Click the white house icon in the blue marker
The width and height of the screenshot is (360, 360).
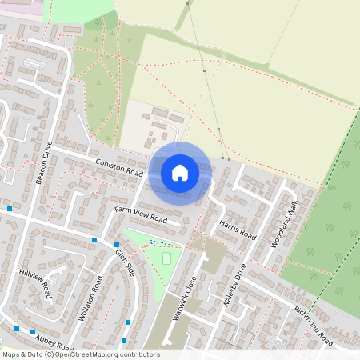coord(180,172)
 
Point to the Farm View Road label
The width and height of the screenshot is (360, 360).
coord(140,214)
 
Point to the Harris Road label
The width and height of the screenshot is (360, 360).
coord(238,228)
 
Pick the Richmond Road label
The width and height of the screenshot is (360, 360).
coord(313,326)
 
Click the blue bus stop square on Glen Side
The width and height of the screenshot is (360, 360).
coord(117,245)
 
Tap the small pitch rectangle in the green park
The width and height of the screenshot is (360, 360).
coord(166,258)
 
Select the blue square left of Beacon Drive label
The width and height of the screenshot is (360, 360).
coord(10,208)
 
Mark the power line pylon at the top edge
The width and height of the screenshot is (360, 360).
coord(189,4)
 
